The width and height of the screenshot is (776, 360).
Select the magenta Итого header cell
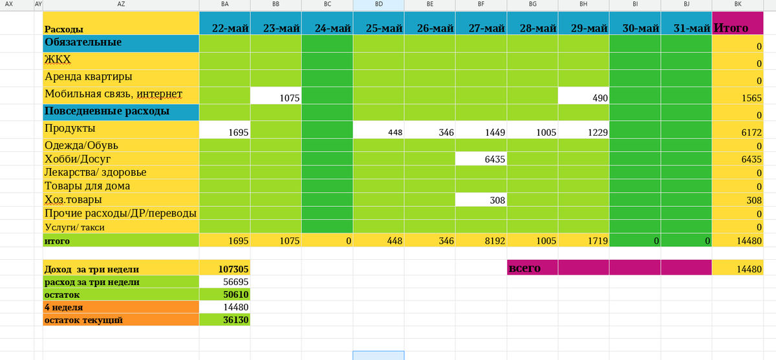click(x=738, y=23)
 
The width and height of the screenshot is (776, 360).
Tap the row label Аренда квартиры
click(x=89, y=76)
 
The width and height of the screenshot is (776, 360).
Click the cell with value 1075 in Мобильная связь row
click(x=275, y=96)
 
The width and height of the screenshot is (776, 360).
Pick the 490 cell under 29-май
click(x=584, y=96)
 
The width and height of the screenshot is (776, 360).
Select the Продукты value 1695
click(x=224, y=130)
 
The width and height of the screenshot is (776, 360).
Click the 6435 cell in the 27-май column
click(x=481, y=159)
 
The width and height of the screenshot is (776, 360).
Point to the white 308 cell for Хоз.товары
click(x=481, y=200)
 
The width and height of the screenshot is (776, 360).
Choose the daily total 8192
click(x=481, y=240)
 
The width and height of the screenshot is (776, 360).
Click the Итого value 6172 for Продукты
click(x=738, y=130)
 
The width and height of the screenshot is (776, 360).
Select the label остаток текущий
click(x=83, y=320)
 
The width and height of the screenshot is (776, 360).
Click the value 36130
click(x=224, y=319)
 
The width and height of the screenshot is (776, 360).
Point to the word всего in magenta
click(x=524, y=268)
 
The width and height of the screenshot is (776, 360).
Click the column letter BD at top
click(x=379, y=4)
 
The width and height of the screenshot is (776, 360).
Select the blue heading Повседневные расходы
click(x=107, y=111)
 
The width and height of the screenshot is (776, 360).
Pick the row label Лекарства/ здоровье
click(x=95, y=172)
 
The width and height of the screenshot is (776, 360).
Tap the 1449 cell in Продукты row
click(x=481, y=130)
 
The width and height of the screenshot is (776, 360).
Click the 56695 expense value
click(x=224, y=281)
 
